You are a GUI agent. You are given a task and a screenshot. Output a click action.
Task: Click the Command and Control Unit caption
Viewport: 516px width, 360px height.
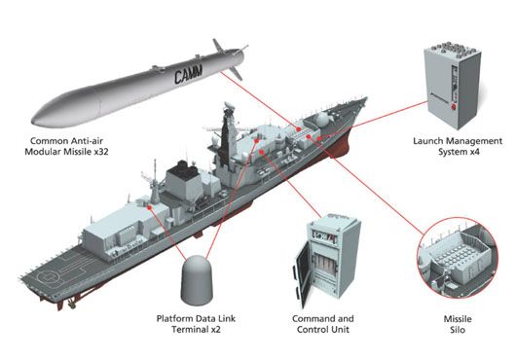[x=325, y=324]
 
